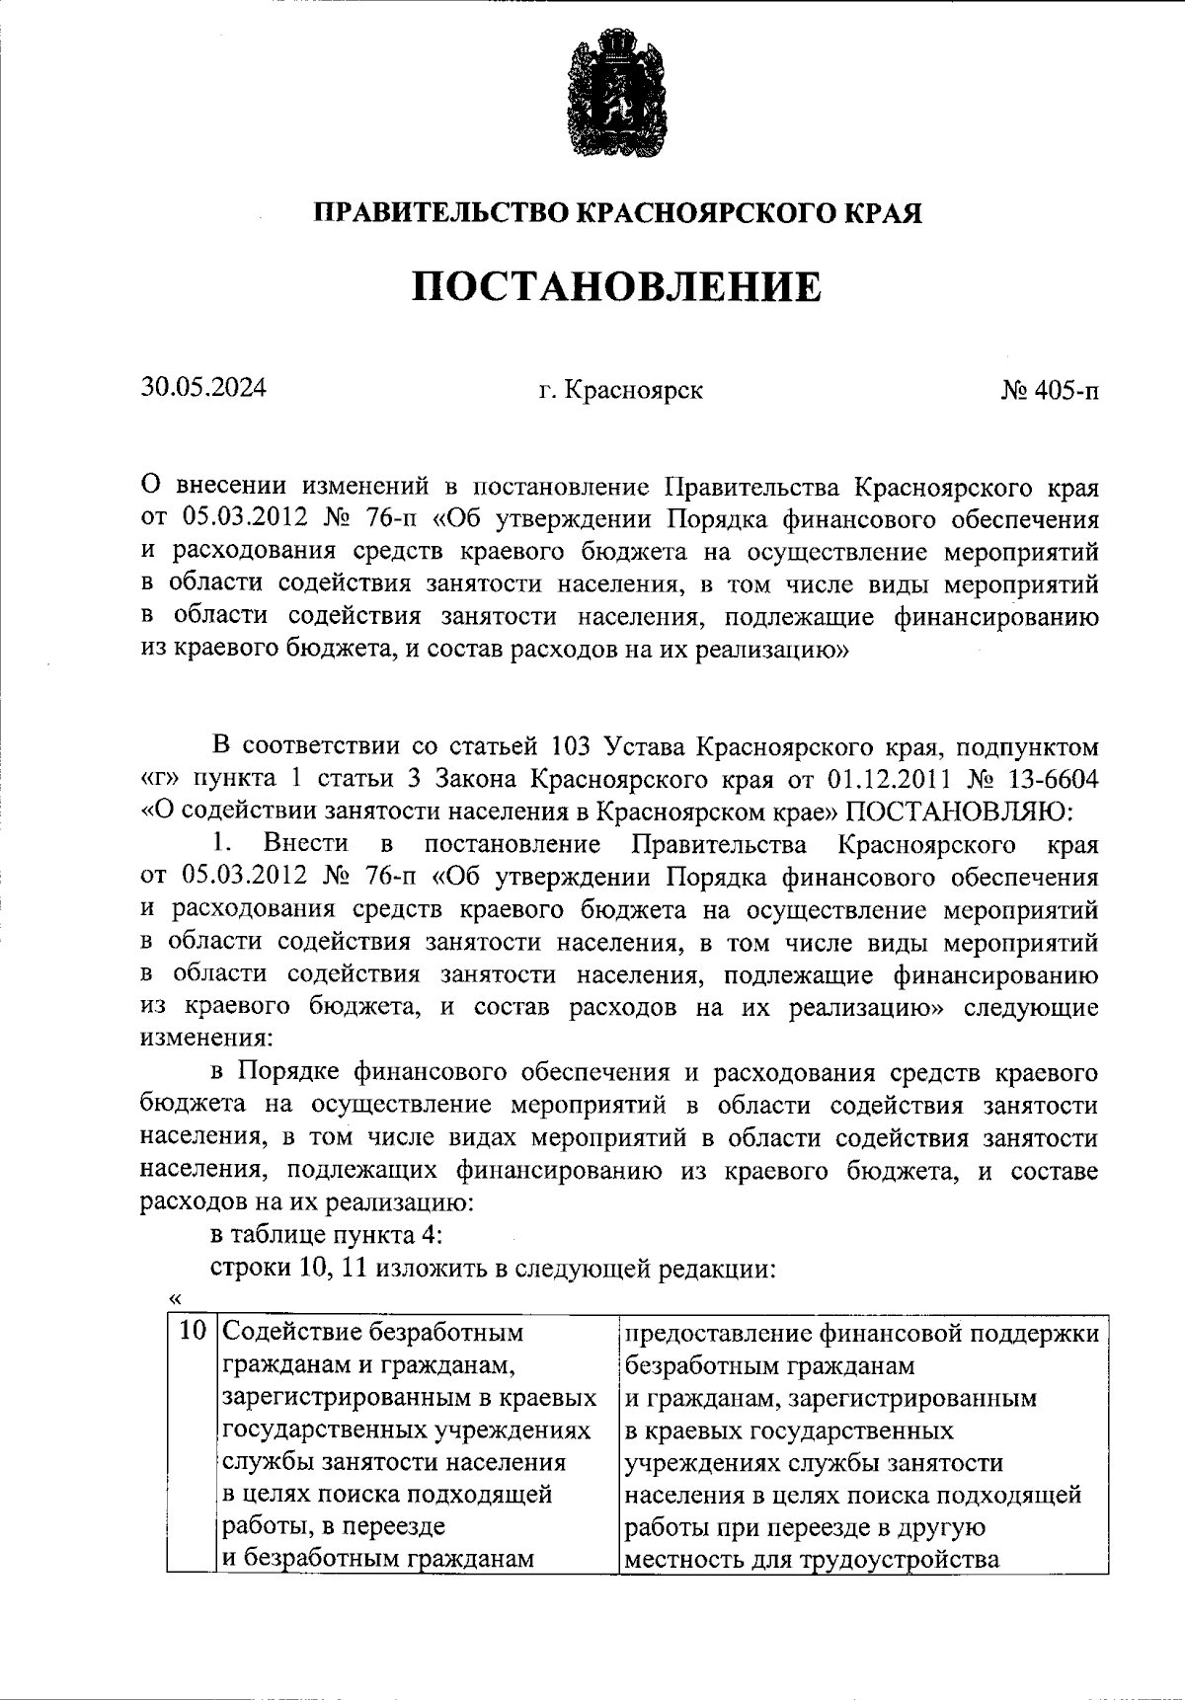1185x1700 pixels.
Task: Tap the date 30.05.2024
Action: pos(202,388)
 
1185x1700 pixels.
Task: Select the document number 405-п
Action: pos(1063,391)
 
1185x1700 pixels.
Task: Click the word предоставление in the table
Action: pos(715,1333)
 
